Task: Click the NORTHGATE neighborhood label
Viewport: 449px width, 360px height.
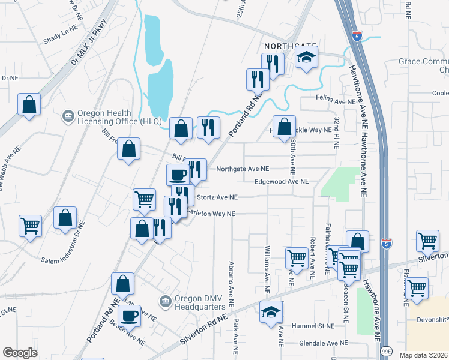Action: pos(291,46)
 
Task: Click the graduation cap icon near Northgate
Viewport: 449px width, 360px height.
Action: pos(307,58)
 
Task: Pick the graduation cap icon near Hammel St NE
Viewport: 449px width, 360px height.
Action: pos(271,312)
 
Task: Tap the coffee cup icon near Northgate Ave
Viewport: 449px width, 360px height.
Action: pos(178,175)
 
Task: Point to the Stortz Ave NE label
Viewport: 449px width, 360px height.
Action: pos(217,197)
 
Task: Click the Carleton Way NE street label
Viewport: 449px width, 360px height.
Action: pos(210,214)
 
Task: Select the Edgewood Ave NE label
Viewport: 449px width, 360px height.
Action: pos(282,181)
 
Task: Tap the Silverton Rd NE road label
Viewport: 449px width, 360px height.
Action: pos(205,336)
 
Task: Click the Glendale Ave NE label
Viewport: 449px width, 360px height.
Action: pos(324,343)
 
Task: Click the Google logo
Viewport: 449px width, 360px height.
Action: pos(20,352)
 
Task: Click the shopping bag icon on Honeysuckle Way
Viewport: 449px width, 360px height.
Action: pos(285,127)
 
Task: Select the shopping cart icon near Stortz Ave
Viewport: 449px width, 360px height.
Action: pos(144,199)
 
